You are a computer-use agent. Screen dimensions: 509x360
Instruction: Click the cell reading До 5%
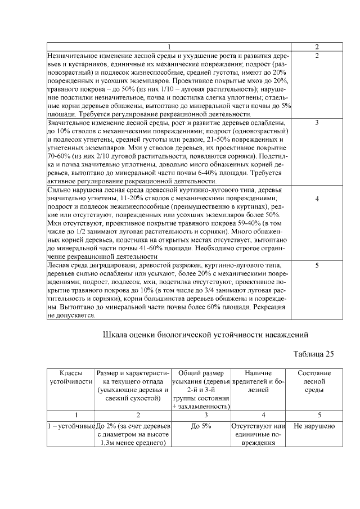click(x=201, y=426)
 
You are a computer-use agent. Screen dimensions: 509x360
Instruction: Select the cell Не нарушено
click(x=314, y=426)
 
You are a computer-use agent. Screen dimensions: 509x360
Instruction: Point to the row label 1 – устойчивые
click(x=71, y=426)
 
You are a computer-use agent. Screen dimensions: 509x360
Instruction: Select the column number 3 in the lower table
click(x=201, y=415)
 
